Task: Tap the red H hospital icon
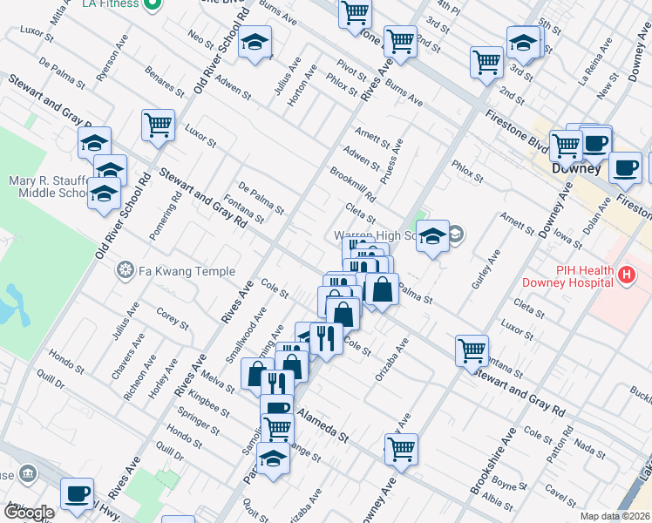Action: (624, 276)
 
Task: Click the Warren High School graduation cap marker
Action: (432, 237)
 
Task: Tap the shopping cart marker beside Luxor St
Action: (158, 126)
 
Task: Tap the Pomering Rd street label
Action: (173, 209)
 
